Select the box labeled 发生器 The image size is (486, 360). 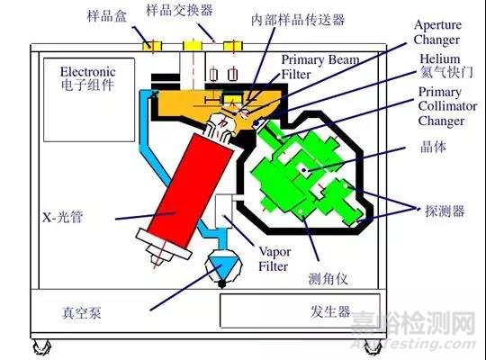click(297, 311)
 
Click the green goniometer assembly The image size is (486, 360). click(306, 175)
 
